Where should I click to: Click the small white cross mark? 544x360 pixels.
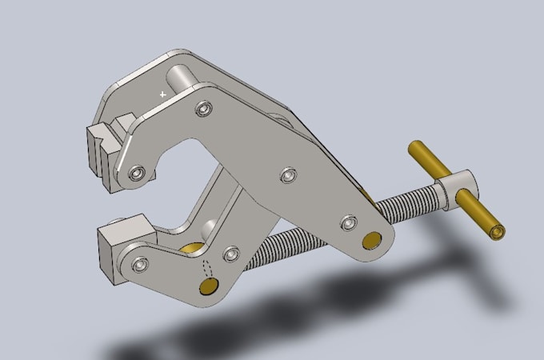(163, 94)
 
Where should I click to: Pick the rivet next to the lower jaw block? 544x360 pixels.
(141, 263)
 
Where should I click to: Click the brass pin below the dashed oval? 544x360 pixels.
(209, 286)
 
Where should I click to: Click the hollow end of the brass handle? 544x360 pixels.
(498, 232)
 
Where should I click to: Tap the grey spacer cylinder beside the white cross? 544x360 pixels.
(182, 80)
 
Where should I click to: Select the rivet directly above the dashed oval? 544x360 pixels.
(231, 254)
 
